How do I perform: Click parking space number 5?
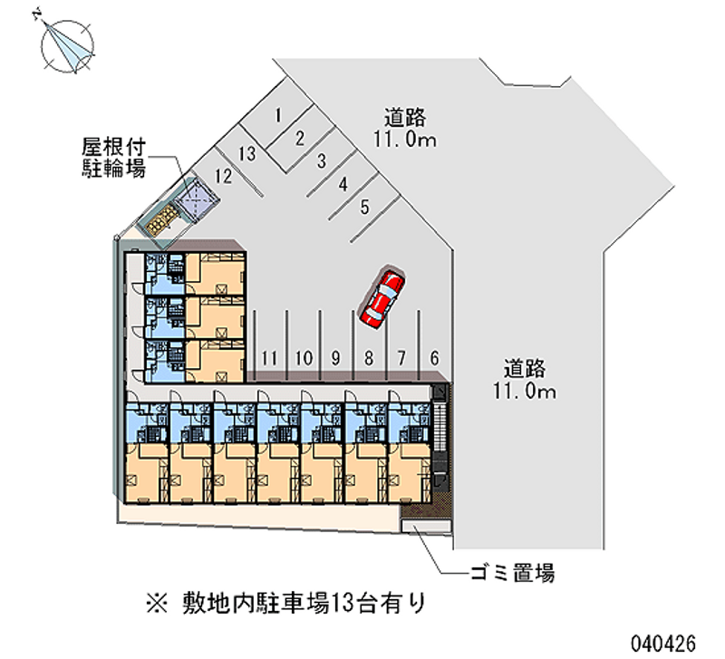click(364, 207)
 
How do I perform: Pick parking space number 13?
click(246, 153)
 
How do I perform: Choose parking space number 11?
click(269, 357)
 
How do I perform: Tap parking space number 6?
click(435, 357)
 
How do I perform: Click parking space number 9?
click(335, 357)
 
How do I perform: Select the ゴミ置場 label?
click(512, 573)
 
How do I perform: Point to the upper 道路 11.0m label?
click(404, 128)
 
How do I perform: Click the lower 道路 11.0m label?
click(525, 380)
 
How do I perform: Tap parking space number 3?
click(322, 161)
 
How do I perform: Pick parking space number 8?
click(369, 357)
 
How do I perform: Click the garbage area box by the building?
click(426, 531)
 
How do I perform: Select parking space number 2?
click(300, 138)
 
